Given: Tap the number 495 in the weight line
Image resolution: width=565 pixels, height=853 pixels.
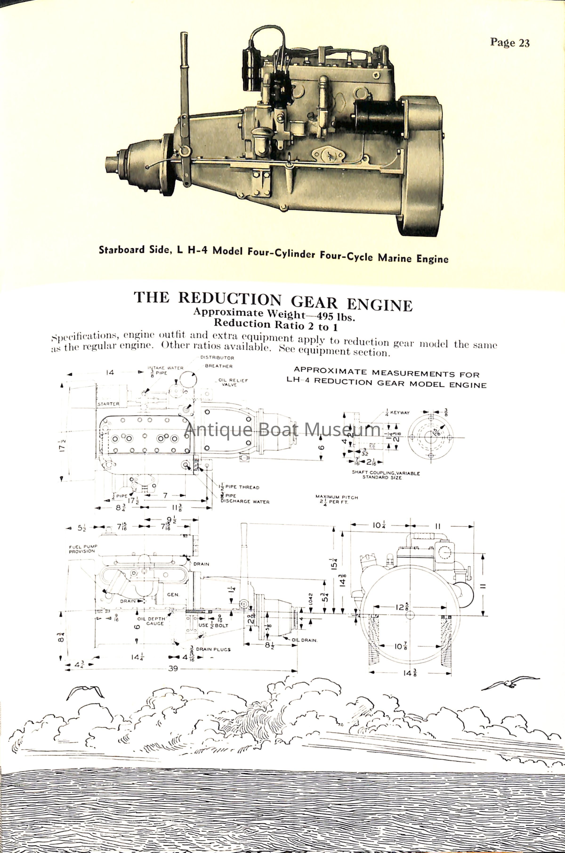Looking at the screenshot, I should [x=325, y=317].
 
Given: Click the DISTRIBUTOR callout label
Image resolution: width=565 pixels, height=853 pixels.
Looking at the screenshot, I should [x=217, y=358].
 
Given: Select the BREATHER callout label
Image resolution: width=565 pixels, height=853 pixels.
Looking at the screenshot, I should [x=219, y=366].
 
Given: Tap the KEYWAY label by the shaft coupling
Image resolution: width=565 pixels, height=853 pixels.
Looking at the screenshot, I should [x=400, y=413].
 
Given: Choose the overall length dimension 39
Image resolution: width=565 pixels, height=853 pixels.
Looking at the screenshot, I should [x=173, y=669].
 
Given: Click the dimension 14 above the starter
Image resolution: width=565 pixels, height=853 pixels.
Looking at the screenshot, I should [x=110, y=373].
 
